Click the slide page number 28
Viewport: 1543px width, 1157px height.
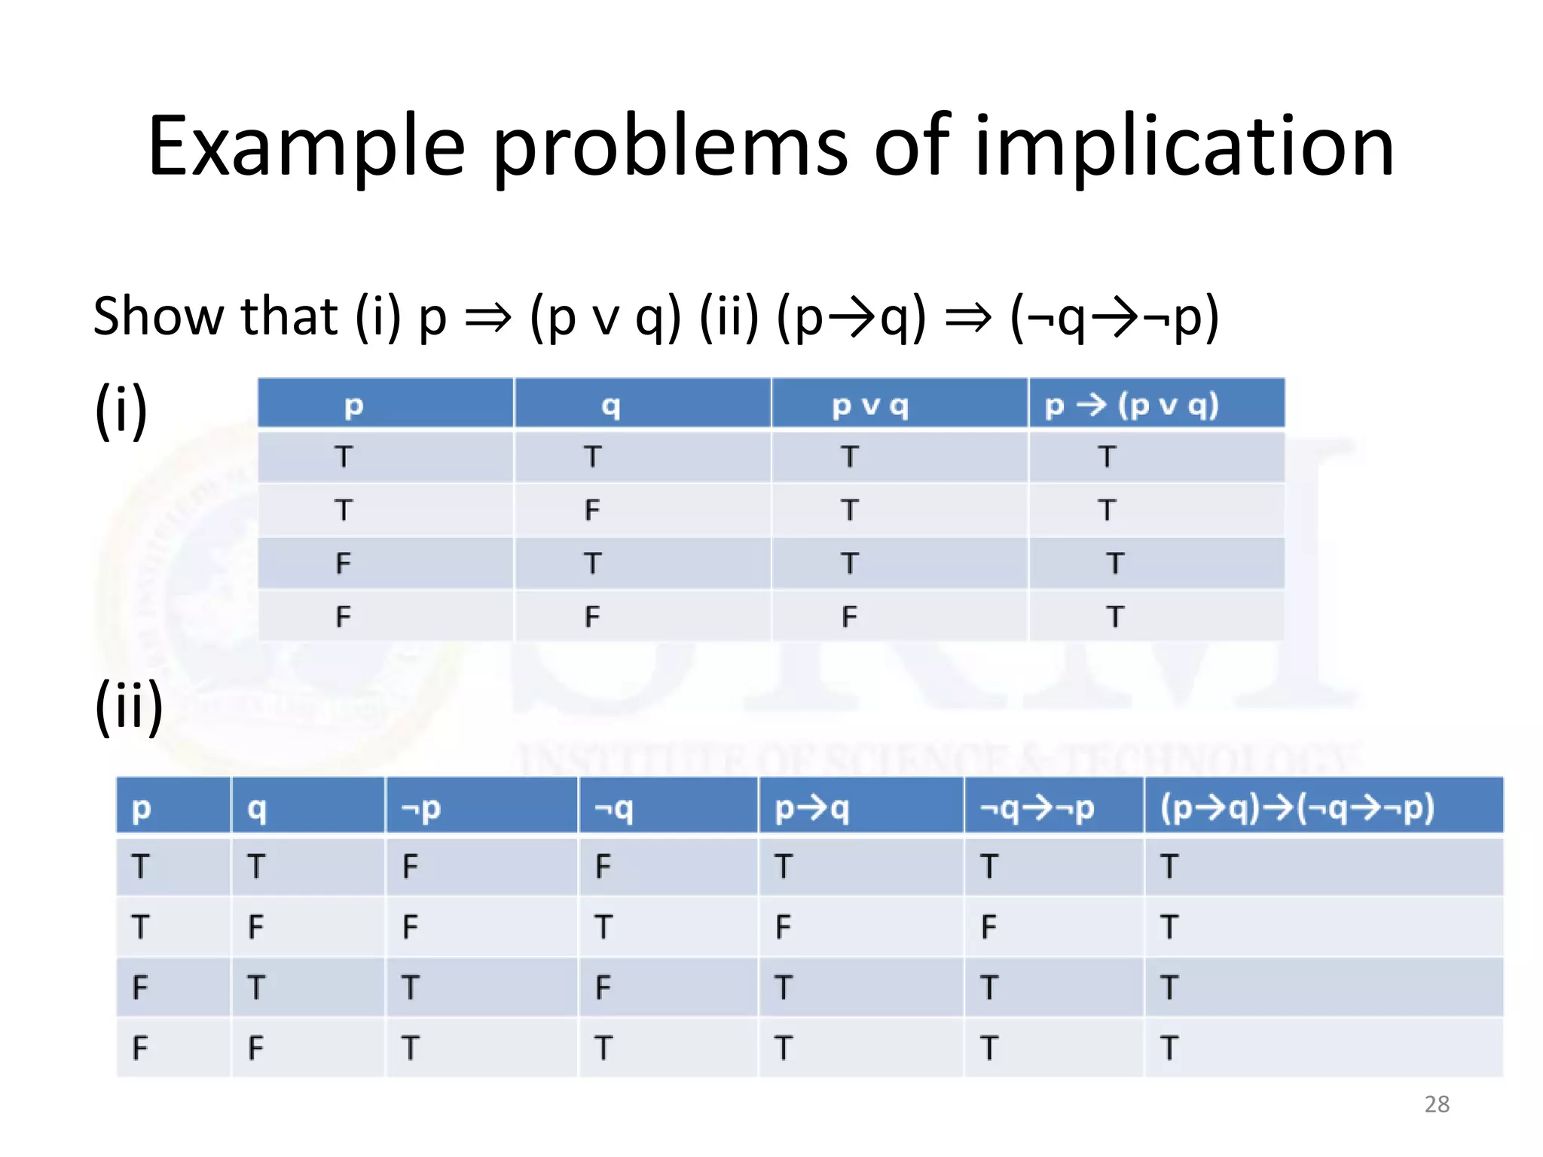(1437, 1104)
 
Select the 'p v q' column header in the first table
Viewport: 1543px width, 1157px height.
(870, 406)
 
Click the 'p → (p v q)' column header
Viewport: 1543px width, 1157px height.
(1132, 405)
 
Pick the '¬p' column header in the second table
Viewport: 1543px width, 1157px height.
(421, 808)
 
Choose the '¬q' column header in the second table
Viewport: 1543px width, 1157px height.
(613, 808)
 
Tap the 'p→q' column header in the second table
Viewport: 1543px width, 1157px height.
(812, 808)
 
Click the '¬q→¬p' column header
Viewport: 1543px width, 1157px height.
(1037, 808)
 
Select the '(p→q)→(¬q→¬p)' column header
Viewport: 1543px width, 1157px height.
(1297, 808)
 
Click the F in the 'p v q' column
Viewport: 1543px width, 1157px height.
(849, 617)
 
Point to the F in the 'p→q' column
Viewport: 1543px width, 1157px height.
(783, 927)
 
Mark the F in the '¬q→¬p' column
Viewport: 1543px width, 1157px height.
(988, 927)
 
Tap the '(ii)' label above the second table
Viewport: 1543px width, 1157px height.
(129, 706)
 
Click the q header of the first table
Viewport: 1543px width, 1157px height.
(611, 406)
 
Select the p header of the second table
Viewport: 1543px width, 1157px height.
(142, 808)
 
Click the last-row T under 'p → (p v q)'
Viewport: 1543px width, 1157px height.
(1115, 617)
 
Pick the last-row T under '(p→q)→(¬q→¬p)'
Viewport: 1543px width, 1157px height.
(1169, 1048)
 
